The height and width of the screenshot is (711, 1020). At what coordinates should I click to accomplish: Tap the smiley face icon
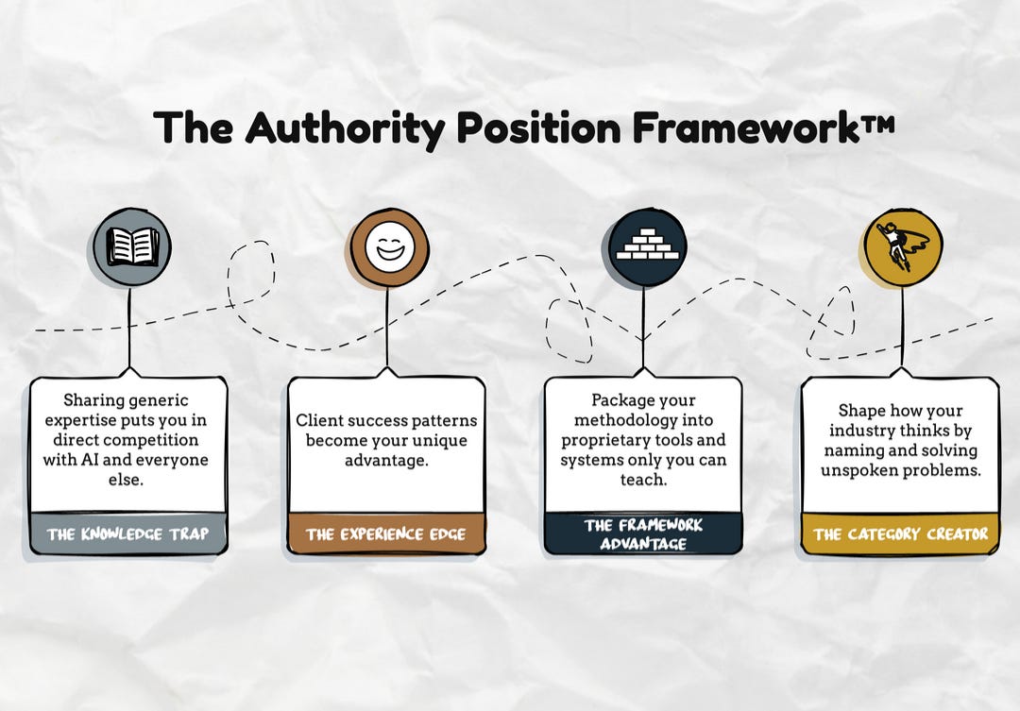pos(389,248)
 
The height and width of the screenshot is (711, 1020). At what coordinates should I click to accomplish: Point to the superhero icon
pos(902,247)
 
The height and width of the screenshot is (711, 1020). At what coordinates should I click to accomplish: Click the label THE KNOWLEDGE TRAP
pos(127,534)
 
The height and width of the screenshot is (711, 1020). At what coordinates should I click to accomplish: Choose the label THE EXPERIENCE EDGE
pos(385,534)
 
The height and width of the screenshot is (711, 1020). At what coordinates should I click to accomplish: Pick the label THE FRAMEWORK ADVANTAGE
pos(643,534)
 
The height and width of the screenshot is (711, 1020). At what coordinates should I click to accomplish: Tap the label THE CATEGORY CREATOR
pos(900,534)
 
